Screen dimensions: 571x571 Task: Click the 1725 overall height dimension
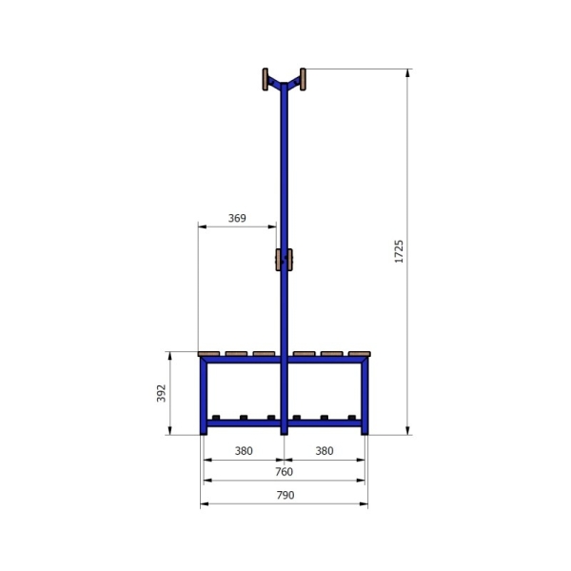(400, 251)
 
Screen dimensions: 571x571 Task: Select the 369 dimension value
(237, 218)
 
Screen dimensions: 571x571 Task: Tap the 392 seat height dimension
(161, 394)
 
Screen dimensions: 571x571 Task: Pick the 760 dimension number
(284, 471)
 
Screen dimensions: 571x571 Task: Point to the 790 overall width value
(285, 495)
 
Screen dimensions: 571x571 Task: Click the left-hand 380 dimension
(244, 450)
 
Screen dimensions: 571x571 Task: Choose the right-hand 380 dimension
(325, 450)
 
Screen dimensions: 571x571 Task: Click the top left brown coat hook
(265, 79)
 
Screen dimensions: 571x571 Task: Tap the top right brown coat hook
(303, 79)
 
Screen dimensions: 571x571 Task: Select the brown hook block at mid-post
(284, 260)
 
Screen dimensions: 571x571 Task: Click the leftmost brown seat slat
(209, 354)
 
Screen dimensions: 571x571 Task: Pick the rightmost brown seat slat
(359, 354)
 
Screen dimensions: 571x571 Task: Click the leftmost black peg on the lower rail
(217, 417)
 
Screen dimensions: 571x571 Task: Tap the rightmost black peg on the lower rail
(351, 417)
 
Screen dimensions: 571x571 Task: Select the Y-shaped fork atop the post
(284, 85)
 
